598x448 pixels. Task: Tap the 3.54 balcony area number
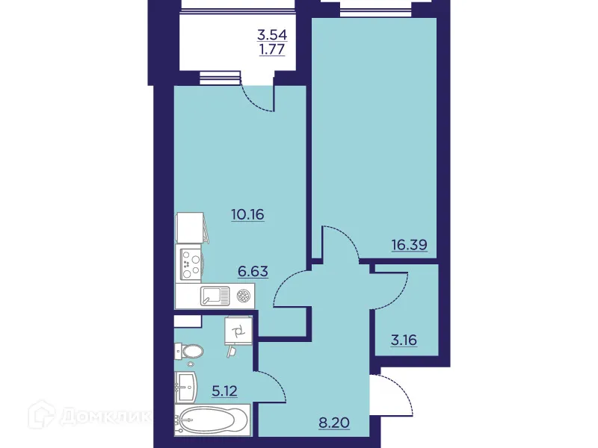[272, 34]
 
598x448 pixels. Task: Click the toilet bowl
[190, 352]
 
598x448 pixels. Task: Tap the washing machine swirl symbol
[238, 330]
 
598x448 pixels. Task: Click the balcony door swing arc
[258, 101]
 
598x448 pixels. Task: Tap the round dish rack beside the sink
[242, 296]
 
